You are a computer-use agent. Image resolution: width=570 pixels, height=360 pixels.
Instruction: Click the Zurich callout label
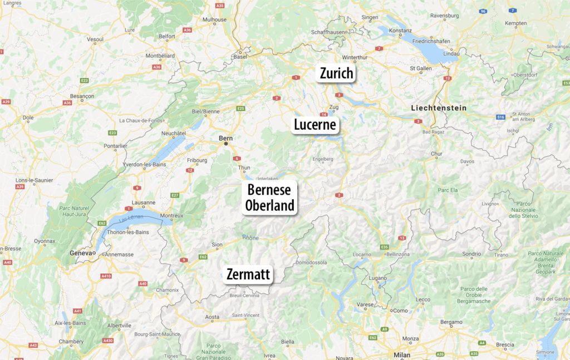click(x=336, y=73)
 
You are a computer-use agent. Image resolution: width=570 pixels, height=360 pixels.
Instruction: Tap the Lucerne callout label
click(x=315, y=125)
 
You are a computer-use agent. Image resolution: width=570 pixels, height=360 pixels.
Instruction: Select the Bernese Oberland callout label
click(x=270, y=198)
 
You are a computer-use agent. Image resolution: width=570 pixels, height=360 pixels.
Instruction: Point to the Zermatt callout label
click(x=248, y=274)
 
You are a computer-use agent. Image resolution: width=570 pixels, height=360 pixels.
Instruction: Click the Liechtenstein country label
click(x=439, y=108)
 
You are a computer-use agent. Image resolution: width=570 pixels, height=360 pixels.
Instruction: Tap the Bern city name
click(x=226, y=137)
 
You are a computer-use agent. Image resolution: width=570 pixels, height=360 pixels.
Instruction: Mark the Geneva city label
click(x=80, y=253)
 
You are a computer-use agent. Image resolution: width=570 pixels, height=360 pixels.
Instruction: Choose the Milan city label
click(x=401, y=355)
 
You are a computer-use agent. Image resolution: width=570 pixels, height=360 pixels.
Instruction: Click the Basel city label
click(x=240, y=57)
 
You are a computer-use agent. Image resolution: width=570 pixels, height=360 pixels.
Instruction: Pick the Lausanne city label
click(x=144, y=203)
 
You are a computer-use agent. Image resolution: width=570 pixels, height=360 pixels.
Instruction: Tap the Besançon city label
click(x=82, y=96)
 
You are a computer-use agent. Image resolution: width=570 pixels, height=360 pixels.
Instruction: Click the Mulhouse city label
click(x=214, y=19)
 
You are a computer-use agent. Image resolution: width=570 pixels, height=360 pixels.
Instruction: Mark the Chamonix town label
click(x=167, y=290)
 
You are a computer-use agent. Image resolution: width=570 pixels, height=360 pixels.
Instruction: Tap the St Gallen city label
click(x=421, y=68)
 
